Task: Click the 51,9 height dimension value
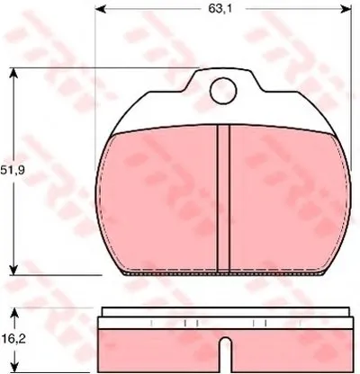point(13,171)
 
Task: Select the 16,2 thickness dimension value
point(13,339)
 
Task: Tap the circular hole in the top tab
point(223,91)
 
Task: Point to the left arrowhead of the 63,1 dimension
point(100,9)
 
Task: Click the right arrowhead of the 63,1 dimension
point(346,9)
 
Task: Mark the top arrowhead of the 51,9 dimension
point(13,73)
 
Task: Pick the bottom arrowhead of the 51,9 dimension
point(13,269)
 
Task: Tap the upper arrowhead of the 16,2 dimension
point(14,314)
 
